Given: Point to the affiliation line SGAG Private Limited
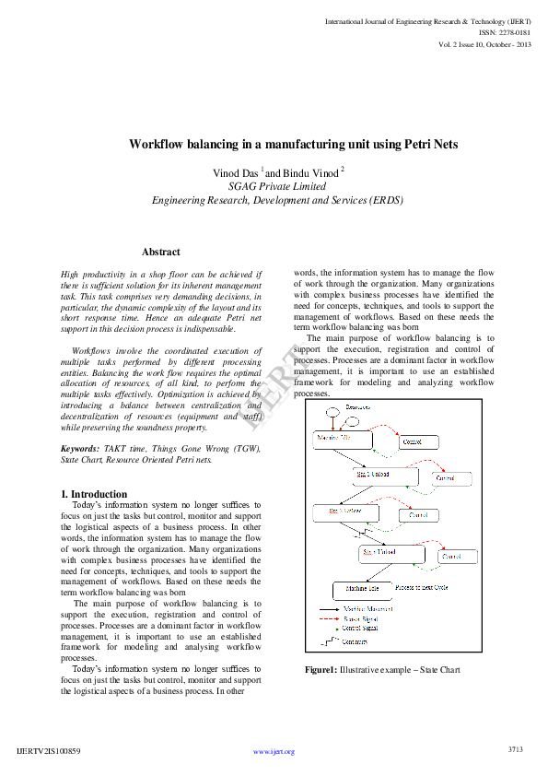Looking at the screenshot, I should (x=277, y=185).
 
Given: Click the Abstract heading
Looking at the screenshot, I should (x=161, y=252).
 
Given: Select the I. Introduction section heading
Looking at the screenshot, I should (x=94, y=494).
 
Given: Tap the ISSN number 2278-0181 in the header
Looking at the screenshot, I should (x=515, y=32).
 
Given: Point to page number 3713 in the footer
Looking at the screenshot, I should (x=515, y=749).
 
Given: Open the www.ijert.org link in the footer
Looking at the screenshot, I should (x=274, y=751).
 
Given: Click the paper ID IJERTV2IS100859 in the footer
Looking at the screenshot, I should (x=49, y=751).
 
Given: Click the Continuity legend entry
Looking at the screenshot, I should (x=356, y=641).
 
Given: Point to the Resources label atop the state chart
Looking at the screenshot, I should (x=358, y=406).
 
